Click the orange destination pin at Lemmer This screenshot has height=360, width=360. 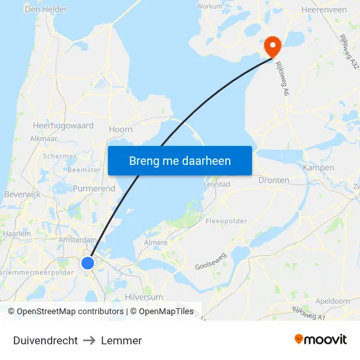click(272, 46)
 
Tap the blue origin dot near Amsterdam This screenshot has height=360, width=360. click(88, 262)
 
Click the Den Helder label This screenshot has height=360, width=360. click(46, 9)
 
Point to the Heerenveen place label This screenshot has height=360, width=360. click(324, 10)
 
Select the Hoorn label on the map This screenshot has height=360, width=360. click(120, 130)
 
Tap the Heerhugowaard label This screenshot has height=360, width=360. click(63, 125)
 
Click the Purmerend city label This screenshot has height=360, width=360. click(94, 189)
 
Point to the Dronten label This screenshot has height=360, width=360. click(274, 180)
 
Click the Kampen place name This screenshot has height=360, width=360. click(318, 168)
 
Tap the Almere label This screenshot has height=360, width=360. click(155, 242)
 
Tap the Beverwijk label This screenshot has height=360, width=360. click(23, 195)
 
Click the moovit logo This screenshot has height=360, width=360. click(321, 339)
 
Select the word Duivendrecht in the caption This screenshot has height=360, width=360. click(45, 340)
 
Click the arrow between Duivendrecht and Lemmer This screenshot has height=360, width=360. click(90, 340)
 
